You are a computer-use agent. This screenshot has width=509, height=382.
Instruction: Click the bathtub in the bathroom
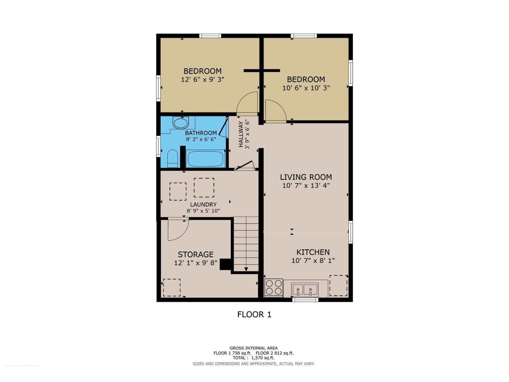tap(205, 159)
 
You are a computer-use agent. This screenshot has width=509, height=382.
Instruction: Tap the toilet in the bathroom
tap(172, 158)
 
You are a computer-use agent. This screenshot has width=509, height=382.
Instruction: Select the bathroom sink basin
tap(180, 123)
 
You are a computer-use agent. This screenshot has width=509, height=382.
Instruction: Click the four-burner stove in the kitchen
tap(274, 287)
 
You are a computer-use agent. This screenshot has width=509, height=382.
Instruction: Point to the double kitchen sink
tap(305, 289)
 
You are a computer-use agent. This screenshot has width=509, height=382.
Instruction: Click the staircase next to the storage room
tap(246, 244)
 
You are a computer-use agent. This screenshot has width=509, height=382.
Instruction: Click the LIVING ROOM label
tap(306, 177)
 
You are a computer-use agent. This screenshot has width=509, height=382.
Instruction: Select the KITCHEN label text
tap(313, 252)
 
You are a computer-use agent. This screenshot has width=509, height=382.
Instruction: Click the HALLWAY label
tap(241, 134)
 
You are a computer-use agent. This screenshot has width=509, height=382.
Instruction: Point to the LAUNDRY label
tap(203, 204)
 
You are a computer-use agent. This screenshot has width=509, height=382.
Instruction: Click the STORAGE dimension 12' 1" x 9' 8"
tap(196, 263)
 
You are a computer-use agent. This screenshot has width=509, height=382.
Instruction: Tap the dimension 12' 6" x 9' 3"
tap(203, 80)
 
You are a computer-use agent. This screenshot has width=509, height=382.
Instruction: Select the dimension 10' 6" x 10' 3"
tap(306, 88)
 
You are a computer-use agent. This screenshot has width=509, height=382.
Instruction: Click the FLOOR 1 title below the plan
tap(254, 315)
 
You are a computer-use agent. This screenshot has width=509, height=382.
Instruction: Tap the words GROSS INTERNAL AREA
tap(254, 348)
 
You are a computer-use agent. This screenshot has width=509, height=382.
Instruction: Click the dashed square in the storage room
tap(172, 287)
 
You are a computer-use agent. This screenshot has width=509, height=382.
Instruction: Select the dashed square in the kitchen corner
tap(338, 286)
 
